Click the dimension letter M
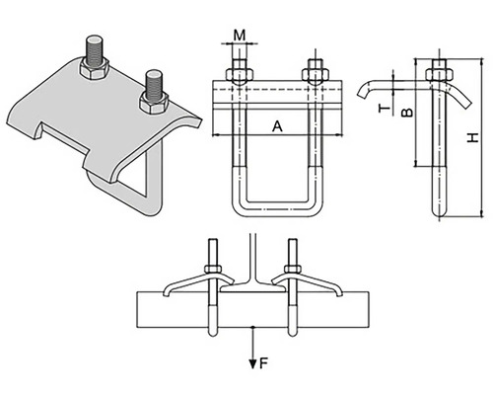point(240,35)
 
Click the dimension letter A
point(277,126)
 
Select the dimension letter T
point(384,109)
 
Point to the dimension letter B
point(407,113)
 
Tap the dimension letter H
point(473,137)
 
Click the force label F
point(264,363)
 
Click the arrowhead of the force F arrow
point(252,364)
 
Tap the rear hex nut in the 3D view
point(94,68)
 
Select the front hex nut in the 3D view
point(154,103)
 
